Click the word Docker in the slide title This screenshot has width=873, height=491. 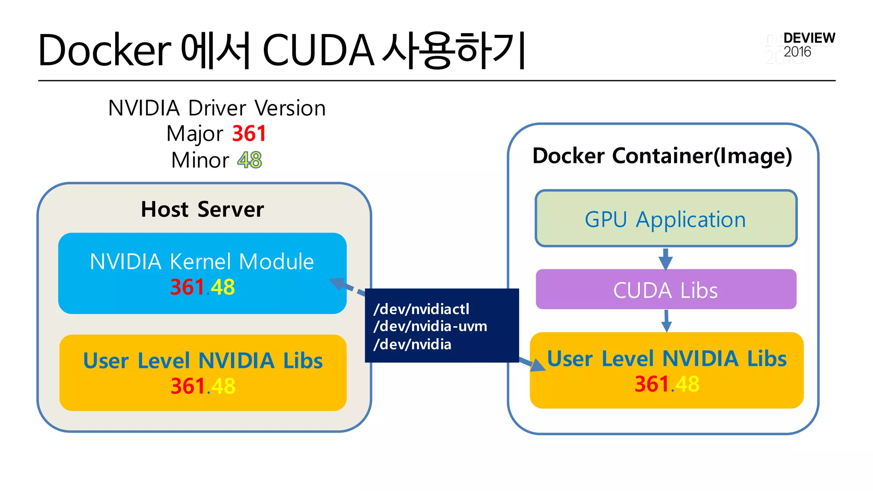[104, 50]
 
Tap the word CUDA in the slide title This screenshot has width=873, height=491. [318, 50]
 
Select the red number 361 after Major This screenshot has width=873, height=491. [249, 133]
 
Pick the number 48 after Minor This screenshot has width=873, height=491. [250, 160]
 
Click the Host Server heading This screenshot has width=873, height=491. [202, 209]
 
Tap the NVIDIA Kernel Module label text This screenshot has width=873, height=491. [202, 261]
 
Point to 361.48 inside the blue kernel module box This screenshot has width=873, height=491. [202, 287]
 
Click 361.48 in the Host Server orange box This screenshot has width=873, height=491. [203, 386]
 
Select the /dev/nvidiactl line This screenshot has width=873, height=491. [421, 309]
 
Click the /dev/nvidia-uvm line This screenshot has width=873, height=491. [430, 326]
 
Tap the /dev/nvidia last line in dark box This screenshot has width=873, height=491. [412, 344]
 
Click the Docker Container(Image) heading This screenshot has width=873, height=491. [662, 156]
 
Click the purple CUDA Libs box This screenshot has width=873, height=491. [666, 290]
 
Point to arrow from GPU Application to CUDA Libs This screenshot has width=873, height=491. [665, 258]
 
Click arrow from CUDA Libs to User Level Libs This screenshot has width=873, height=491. [667, 321]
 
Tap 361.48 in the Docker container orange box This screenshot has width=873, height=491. [667, 384]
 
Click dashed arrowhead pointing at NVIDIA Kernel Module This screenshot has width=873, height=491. [338, 283]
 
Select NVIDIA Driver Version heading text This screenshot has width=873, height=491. [217, 108]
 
